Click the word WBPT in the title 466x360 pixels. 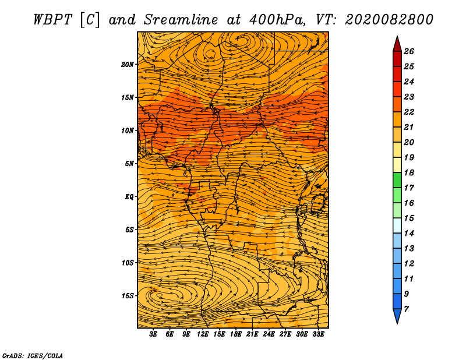tap(52, 20)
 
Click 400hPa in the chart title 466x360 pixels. tap(277, 20)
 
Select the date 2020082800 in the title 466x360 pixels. tap(389, 20)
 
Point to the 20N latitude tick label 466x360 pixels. tap(128, 64)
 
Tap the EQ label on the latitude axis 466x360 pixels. tap(129, 196)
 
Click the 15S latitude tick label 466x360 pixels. tap(128, 296)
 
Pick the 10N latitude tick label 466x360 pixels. tap(128, 130)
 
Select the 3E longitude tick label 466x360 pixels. tap(153, 334)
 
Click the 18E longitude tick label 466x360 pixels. tap(236, 334)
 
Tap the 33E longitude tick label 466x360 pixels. tap(318, 334)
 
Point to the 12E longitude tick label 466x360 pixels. tap(203, 334)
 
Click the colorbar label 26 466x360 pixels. tap(409, 51)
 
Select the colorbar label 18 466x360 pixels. tap(409, 172)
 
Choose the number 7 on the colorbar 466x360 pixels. tap(406, 309)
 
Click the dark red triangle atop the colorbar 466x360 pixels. tap(397, 44)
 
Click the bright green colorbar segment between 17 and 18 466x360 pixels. tap(397, 180)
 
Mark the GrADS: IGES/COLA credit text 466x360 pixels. tap(33, 355)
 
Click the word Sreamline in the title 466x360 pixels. tap(181, 20)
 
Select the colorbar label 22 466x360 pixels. tap(409, 112)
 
